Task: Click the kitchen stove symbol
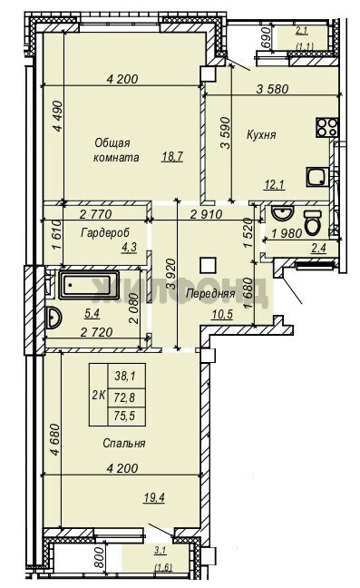click(327, 127)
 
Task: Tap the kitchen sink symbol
click(317, 177)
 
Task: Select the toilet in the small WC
click(313, 222)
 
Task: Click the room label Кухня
click(261, 134)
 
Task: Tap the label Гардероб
click(105, 232)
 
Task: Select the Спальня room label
click(124, 443)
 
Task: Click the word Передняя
click(210, 294)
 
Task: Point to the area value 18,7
click(172, 156)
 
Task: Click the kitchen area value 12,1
click(274, 184)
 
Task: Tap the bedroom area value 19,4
click(155, 497)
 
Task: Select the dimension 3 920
click(171, 274)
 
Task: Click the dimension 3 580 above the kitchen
click(272, 89)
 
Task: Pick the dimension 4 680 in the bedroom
click(55, 439)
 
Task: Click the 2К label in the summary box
click(98, 395)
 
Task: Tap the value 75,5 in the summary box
click(125, 416)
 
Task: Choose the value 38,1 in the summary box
click(125, 376)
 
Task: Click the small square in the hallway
click(209, 265)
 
